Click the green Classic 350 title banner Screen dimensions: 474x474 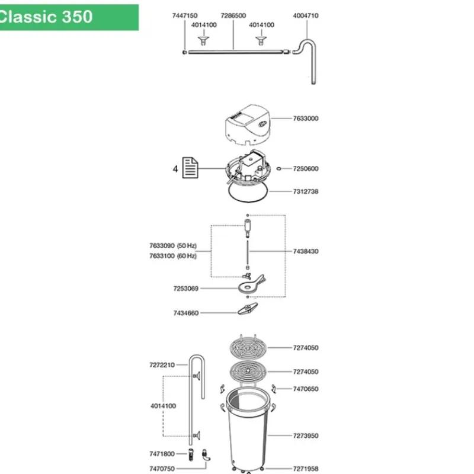click(x=69, y=17)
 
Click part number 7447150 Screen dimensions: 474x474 click(x=185, y=15)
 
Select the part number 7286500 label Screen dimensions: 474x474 click(x=233, y=15)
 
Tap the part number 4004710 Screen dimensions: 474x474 click(x=306, y=15)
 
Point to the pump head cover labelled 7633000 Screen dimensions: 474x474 click(x=248, y=124)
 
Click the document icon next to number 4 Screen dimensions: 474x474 click(x=190, y=168)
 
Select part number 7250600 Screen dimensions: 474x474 click(x=306, y=169)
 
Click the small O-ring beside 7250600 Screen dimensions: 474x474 click(x=278, y=169)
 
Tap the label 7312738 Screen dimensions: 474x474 click(x=306, y=191)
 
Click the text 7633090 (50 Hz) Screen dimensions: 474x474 click(x=173, y=245)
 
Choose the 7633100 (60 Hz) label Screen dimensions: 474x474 click(x=173, y=256)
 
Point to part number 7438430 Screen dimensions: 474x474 click(x=306, y=251)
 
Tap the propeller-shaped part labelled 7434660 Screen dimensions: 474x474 click(x=248, y=309)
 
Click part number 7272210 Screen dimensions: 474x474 click(x=162, y=365)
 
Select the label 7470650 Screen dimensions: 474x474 click(x=306, y=389)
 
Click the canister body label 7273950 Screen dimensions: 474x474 click(x=306, y=435)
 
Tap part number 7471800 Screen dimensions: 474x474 click(x=162, y=454)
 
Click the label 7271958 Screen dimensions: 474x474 click(x=306, y=469)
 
